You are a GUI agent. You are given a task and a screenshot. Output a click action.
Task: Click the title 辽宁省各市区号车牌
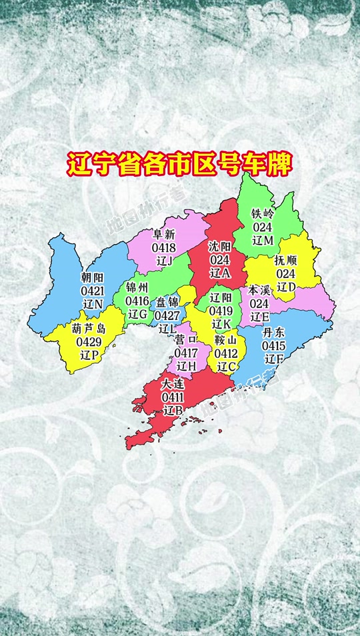pyautogui.click(x=179, y=164)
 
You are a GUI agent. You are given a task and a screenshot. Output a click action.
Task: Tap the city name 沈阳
pyautogui.click(x=219, y=246)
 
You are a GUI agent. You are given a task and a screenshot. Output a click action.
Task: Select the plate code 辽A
pyautogui.click(x=219, y=273)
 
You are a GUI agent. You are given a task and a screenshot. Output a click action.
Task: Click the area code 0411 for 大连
pyautogui.click(x=173, y=397)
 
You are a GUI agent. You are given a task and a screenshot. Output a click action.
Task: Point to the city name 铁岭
pyautogui.click(x=263, y=214)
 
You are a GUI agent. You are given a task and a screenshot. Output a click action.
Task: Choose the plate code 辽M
pyautogui.click(x=263, y=239)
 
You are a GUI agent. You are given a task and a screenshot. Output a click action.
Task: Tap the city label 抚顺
pyautogui.click(x=287, y=261)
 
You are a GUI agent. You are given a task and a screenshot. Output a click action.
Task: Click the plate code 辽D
pyautogui.click(x=286, y=287)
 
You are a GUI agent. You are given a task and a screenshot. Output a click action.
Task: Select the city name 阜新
pyautogui.click(x=164, y=235)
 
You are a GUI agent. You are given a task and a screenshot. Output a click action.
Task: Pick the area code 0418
pyautogui.click(x=164, y=248)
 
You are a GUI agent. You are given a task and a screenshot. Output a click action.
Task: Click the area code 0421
pyautogui.click(x=93, y=291)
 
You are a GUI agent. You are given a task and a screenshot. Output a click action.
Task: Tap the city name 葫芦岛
pyautogui.click(x=89, y=329)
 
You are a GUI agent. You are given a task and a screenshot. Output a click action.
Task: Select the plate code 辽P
pyautogui.click(x=89, y=355)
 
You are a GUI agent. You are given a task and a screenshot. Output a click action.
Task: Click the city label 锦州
pyautogui.click(x=138, y=287)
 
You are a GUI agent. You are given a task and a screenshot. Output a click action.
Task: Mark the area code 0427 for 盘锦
pyautogui.click(x=167, y=315)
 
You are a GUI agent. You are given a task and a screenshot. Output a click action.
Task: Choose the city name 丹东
pyautogui.click(x=274, y=333)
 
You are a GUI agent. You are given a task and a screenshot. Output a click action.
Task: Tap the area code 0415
pyautogui.click(x=273, y=346)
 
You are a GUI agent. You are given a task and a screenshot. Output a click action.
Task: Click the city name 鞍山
pyautogui.click(x=227, y=340)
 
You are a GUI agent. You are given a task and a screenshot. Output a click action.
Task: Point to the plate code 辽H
pyautogui.click(x=186, y=366)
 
